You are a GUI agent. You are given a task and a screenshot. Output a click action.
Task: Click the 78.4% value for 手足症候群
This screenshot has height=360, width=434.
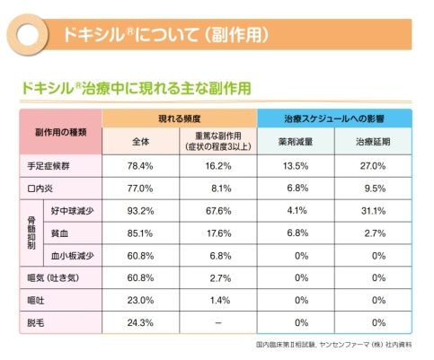140,166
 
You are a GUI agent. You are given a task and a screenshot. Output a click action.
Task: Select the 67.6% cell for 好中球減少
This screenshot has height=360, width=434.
218,211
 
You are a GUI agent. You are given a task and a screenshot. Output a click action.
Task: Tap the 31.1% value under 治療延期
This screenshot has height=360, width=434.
373,211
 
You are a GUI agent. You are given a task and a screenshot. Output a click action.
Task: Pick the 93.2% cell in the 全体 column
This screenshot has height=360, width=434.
140,211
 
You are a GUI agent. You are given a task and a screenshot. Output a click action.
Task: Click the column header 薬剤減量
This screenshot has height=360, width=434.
296,142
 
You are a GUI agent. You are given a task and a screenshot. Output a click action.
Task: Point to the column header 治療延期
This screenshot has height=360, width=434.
373,142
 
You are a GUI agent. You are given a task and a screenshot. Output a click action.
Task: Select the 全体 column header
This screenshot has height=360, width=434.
141,142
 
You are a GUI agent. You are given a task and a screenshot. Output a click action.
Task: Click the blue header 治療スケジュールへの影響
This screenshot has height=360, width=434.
334,119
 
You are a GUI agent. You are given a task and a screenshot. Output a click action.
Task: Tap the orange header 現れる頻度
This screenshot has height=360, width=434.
179,119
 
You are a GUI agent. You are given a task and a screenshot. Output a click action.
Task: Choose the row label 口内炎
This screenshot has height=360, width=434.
40,189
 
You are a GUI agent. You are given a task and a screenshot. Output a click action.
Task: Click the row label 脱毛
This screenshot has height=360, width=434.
36,322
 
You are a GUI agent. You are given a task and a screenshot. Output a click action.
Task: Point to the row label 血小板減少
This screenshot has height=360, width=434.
73,256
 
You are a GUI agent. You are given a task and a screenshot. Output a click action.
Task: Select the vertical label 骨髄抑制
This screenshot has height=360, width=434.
31,233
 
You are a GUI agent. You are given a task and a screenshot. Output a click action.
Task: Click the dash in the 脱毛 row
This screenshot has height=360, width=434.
218,322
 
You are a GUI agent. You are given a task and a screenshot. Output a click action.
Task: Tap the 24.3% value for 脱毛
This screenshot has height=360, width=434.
140,322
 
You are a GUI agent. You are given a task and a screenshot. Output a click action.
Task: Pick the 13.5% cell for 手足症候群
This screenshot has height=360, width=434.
296,166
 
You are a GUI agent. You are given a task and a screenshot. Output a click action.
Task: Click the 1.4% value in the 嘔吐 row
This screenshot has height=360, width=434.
220,300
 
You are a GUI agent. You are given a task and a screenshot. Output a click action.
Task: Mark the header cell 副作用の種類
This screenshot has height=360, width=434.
61,132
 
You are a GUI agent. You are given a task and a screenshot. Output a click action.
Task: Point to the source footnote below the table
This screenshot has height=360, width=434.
333,345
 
